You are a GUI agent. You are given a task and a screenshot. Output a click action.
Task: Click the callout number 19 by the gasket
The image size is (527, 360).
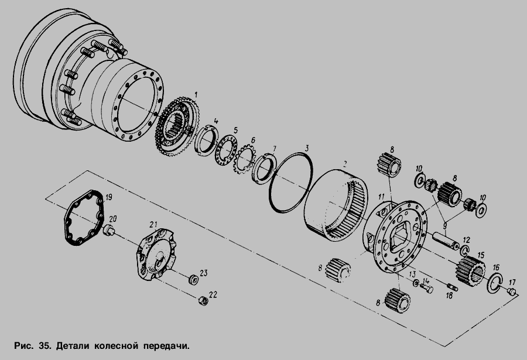tap(108, 197)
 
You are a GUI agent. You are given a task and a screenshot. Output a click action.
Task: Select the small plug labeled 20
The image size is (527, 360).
tap(108, 231)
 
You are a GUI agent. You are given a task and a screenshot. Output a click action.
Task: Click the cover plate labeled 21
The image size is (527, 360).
tap(156, 255)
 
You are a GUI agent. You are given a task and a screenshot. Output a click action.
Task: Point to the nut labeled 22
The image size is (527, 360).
tap(203, 300)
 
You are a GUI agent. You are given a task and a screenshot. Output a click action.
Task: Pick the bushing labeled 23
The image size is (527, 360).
tap(193, 279)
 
